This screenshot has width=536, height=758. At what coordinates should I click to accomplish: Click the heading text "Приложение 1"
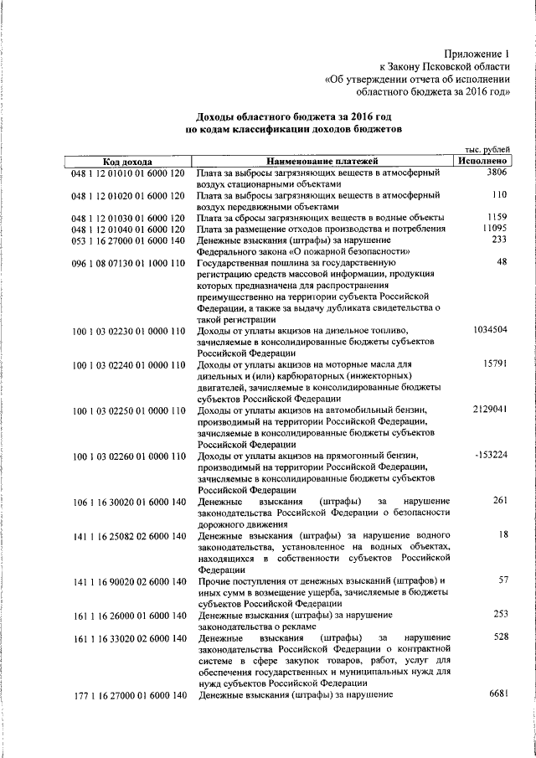coord(477,52)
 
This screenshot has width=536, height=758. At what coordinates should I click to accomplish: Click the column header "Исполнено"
coord(481,160)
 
